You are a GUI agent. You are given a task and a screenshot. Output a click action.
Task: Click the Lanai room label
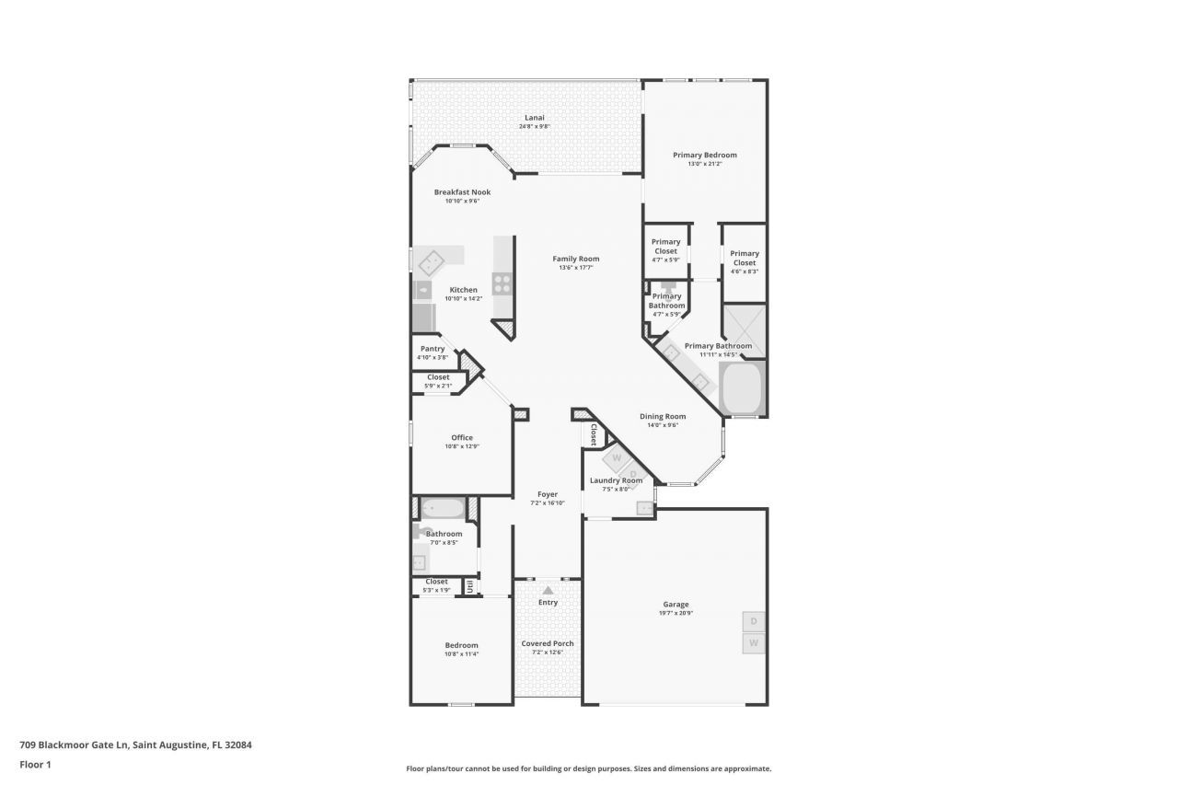[x=534, y=118]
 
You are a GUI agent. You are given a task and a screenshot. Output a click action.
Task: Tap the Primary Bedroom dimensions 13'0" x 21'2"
[x=704, y=164]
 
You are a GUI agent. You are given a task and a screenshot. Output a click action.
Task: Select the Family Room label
[x=575, y=259]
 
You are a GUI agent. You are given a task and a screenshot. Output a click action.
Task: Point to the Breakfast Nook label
[x=462, y=192]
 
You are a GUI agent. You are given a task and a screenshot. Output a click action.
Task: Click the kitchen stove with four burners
[x=502, y=283]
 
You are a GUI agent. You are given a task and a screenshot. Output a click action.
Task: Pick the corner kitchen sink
[x=431, y=263]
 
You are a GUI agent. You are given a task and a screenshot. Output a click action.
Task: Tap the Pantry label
[x=432, y=349]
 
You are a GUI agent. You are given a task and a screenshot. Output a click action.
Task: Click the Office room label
[x=461, y=438]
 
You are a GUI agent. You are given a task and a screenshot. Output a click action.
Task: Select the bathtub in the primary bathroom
[x=742, y=389]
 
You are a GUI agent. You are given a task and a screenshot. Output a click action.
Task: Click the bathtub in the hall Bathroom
[x=444, y=508]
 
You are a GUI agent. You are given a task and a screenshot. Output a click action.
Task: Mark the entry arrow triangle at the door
[x=548, y=590]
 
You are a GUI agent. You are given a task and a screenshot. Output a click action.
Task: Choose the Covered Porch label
[x=548, y=643]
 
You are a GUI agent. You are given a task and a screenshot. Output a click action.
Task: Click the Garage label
[x=676, y=605]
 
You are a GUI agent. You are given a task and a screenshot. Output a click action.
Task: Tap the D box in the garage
[x=753, y=621]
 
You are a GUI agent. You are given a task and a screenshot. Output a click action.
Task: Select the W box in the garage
[x=753, y=642]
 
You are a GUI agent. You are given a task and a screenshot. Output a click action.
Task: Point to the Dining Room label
[x=663, y=416]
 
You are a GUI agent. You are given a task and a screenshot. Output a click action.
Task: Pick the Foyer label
[x=548, y=494]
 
